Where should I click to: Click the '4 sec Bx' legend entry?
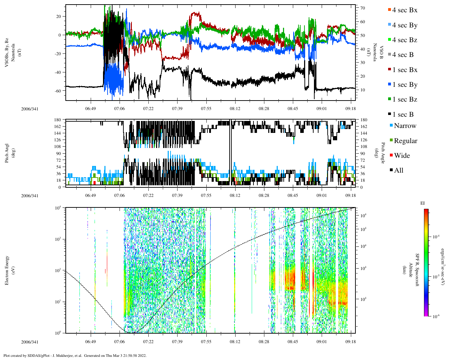(404, 10)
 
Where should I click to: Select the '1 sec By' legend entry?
(404, 85)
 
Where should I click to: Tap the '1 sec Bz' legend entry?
(404, 99)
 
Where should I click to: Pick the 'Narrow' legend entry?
(405, 126)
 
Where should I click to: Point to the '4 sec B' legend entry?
(403, 55)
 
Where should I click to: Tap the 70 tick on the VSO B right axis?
(362, 8)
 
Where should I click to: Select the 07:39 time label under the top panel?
(177, 109)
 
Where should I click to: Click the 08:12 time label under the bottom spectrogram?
(235, 342)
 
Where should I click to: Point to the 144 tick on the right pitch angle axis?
(364, 133)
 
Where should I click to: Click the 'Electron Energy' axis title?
(7, 270)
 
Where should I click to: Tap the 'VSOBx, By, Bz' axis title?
(7, 53)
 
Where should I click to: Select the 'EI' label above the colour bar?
(423, 203)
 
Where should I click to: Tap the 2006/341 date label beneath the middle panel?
(30, 195)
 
